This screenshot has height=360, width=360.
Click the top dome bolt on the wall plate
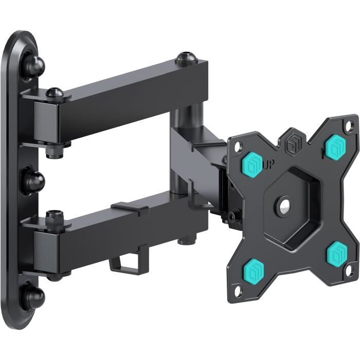(33, 65)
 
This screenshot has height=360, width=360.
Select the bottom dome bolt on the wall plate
(33, 297)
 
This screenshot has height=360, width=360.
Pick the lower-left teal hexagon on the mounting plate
(254, 269)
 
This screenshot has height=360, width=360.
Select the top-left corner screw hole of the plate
(237, 148)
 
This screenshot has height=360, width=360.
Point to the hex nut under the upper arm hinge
(53, 152)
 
